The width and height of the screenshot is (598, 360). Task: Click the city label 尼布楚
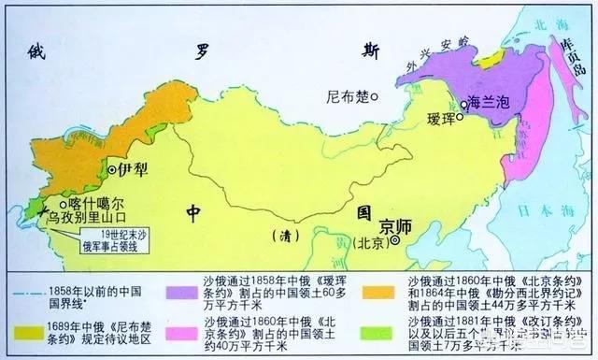point(345,95)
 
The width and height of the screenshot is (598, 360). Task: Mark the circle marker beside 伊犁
point(113,171)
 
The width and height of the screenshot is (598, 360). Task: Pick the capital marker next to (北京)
point(396,241)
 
